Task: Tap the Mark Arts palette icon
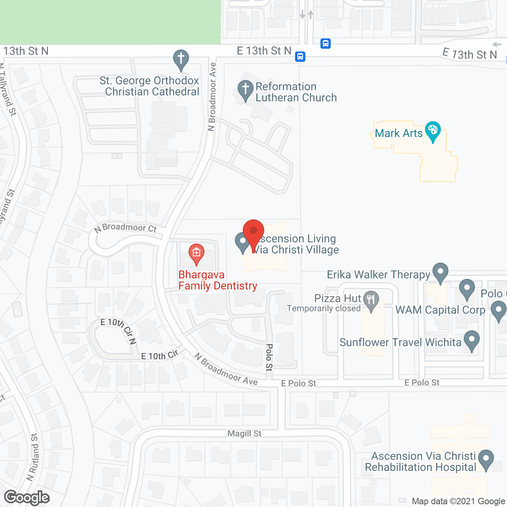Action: [x=433, y=131]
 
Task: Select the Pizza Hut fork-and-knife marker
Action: [x=371, y=300]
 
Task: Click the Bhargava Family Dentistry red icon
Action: [x=196, y=253]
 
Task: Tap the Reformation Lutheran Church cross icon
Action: [x=245, y=89]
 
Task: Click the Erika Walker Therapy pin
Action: [x=440, y=272]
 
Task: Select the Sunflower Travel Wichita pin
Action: [x=471, y=340]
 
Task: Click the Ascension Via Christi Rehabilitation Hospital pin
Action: [x=486, y=459]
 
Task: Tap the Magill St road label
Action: [x=244, y=434]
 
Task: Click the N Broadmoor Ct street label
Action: [x=126, y=228]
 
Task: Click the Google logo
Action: [x=27, y=497]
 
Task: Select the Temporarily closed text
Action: [x=324, y=309]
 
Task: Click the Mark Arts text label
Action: [x=398, y=133]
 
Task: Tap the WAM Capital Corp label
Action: [x=440, y=310]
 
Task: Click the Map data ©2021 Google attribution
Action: [x=459, y=501]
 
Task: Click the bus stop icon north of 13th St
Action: [x=326, y=43]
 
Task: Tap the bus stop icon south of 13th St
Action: [x=300, y=57]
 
